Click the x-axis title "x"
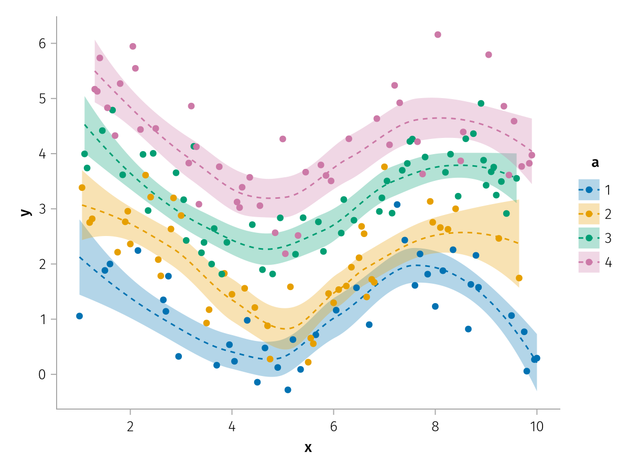click(308, 447)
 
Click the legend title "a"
click(595, 163)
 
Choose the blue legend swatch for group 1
click(589, 190)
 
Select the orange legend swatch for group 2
click(589, 214)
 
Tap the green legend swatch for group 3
click(589, 238)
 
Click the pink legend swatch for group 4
click(589, 262)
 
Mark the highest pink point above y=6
click(438, 35)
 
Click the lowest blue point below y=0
click(288, 390)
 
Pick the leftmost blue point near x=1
click(79, 316)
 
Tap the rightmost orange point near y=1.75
click(519, 278)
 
